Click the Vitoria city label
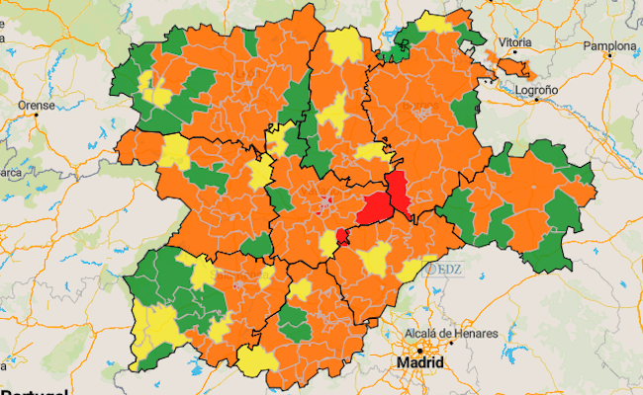[x=515, y=43]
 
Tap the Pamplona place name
[x=608, y=45]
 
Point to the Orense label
[x=37, y=104]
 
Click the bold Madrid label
[x=420, y=363]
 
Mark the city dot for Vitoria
[x=504, y=56]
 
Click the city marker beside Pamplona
[x=610, y=58]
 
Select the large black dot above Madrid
[x=419, y=350]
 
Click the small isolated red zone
[x=341, y=235]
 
